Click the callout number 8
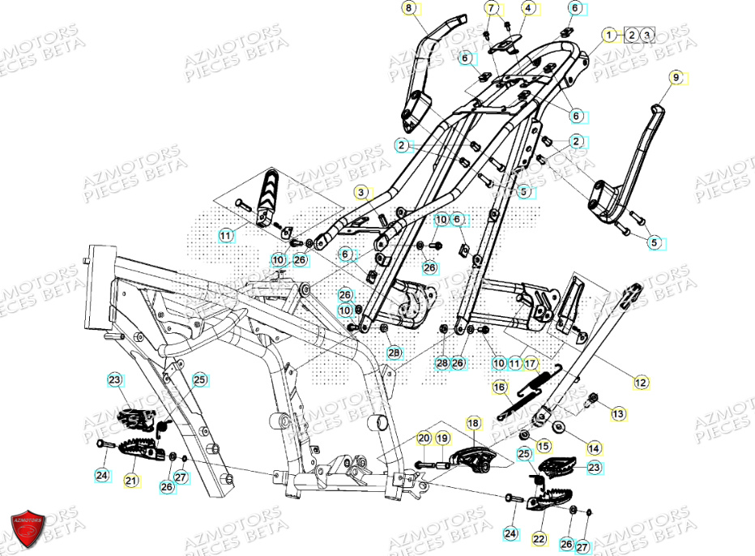(x=408, y=9)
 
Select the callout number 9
(x=676, y=78)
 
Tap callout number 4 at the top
(x=528, y=9)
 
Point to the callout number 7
(x=491, y=9)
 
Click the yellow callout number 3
(x=364, y=192)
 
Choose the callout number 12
(x=642, y=381)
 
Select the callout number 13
(x=618, y=414)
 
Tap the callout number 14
(x=595, y=447)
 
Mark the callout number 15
(x=543, y=445)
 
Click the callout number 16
(x=500, y=387)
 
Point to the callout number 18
(x=473, y=423)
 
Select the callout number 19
(x=442, y=438)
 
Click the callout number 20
(x=424, y=438)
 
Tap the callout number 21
(x=131, y=481)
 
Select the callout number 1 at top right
(x=608, y=34)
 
